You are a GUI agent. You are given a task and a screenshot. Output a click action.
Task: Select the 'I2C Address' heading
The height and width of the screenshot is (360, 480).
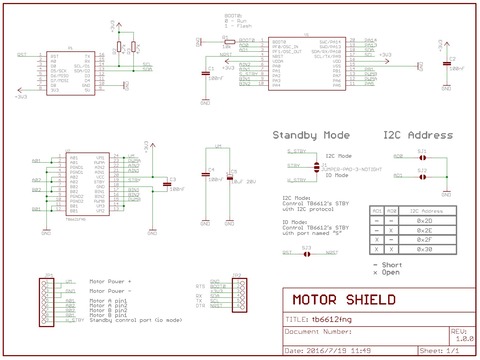click(418, 135)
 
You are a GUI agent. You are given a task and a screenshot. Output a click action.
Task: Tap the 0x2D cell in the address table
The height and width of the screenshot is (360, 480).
click(424, 221)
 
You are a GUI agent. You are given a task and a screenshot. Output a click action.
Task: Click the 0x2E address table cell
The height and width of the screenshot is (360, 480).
click(424, 230)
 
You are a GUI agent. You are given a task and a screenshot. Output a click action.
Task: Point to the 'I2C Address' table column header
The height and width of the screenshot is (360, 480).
click(424, 211)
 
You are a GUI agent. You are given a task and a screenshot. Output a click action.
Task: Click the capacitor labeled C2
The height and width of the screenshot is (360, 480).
click(447, 67)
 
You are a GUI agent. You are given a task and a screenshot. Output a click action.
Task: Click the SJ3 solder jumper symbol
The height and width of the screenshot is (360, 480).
click(307, 254)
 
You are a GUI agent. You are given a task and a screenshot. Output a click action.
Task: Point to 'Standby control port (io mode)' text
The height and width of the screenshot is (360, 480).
click(136, 320)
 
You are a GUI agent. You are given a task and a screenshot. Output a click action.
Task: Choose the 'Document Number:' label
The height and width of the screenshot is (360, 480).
click(320, 330)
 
